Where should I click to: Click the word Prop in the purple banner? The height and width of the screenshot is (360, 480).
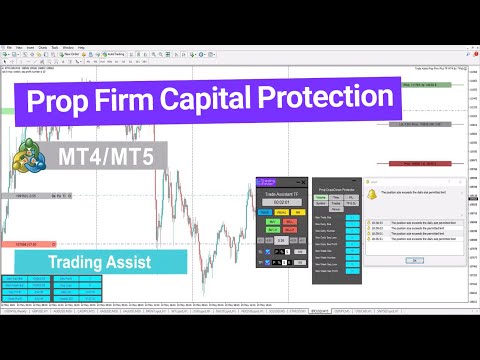pyautogui.click(x=67, y=101)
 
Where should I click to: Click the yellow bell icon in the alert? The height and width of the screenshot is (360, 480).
pyautogui.click(x=371, y=192)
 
